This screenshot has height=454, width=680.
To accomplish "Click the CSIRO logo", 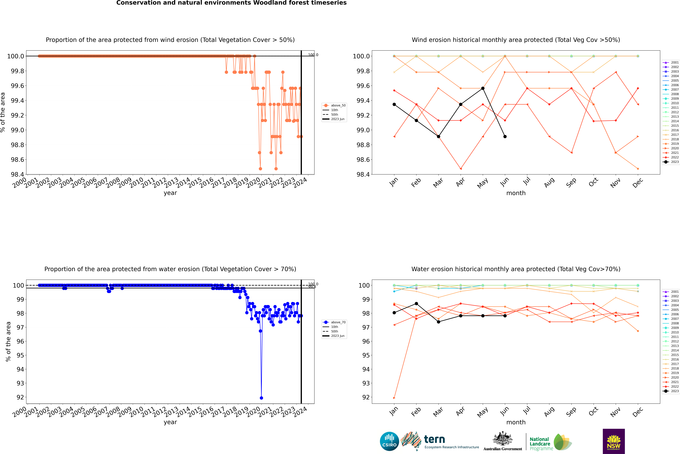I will click(x=389, y=441).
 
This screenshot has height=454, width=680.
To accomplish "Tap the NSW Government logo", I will click(x=614, y=441).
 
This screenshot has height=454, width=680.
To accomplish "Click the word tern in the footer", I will click(x=434, y=439).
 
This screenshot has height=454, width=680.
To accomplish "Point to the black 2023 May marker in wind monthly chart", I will click(x=483, y=88).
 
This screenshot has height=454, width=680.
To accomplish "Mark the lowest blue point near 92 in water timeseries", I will click(x=261, y=398).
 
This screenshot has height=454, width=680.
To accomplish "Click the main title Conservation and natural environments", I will click(x=231, y=3).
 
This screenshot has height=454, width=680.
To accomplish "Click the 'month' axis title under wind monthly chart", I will click(x=516, y=193).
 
